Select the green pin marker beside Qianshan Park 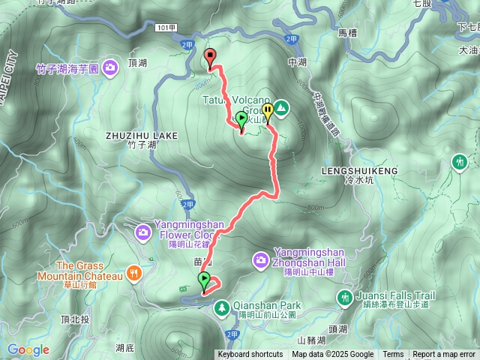point(205,281)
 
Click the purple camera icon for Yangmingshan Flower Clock point(142,233)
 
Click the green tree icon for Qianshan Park point(222,307)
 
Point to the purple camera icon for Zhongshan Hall point(261,259)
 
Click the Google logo point(28,349)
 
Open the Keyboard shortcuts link point(251,355)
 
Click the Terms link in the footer point(393,355)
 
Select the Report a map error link point(445,355)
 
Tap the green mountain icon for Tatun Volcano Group point(281,109)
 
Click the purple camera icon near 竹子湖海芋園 point(110,68)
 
